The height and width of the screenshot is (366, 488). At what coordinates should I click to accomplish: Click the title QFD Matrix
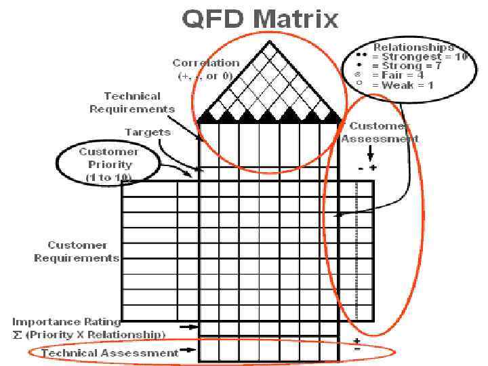click(260, 18)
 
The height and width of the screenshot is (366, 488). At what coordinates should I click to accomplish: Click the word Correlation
click(205, 63)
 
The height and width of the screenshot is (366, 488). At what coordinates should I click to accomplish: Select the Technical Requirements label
click(132, 102)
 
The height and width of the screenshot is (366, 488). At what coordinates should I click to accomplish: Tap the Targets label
click(148, 132)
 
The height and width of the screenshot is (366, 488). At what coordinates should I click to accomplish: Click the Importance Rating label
click(66, 322)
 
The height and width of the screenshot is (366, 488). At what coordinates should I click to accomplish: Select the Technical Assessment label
click(110, 352)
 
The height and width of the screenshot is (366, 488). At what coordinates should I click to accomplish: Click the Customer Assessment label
click(380, 132)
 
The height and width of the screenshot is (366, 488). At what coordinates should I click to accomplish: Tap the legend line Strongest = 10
click(420, 57)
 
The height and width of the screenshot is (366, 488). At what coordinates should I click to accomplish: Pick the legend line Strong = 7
click(413, 66)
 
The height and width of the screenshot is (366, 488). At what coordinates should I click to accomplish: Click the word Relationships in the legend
click(413, 47)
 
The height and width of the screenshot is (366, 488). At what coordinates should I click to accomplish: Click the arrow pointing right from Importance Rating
click(189, 327)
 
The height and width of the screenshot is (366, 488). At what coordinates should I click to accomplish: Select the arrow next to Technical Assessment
click(189, 351)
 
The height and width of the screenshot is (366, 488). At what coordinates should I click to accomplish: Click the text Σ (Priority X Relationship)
click(89, 334)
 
